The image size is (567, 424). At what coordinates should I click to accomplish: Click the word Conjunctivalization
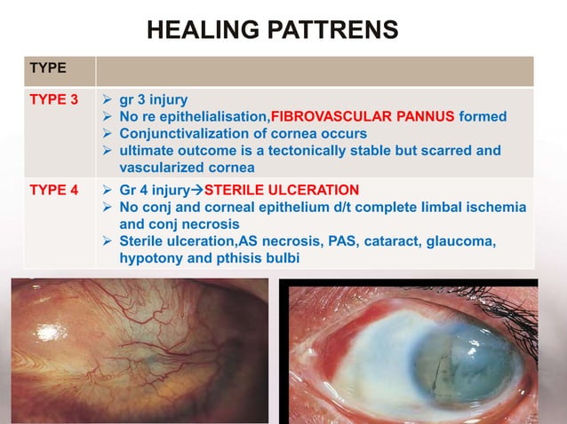(x=184, y=133)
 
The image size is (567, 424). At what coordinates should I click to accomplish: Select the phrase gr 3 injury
(x=153, y=99)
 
